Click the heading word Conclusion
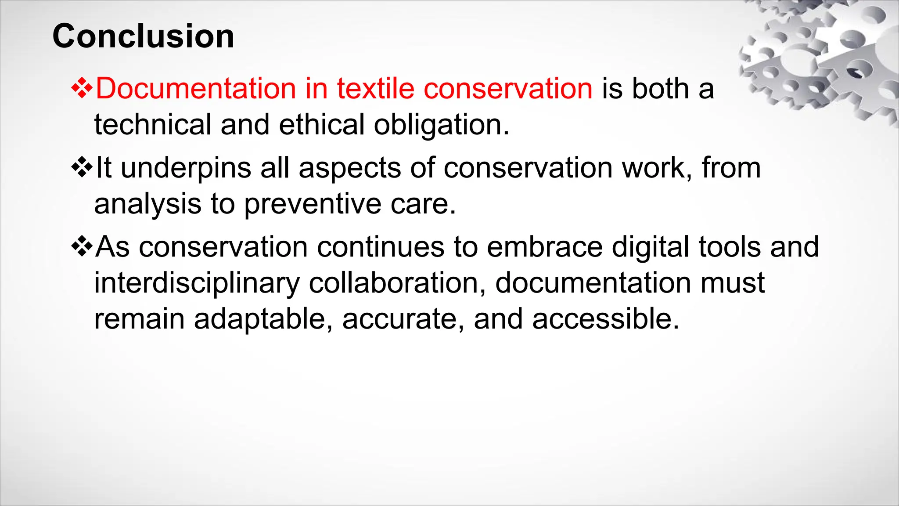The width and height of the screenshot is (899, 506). coord(143,36)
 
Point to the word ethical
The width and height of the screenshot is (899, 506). coord(321,124)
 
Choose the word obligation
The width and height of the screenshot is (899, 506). coord(441,125)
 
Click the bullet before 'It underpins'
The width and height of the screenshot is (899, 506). coord(82,167)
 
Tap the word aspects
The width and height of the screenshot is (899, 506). coord(349,168)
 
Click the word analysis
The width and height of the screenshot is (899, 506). coord(147,204)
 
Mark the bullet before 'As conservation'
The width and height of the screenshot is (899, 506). coord(82,246)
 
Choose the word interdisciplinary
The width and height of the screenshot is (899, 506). coord(197,283)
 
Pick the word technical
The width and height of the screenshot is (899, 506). coord(153,124)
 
